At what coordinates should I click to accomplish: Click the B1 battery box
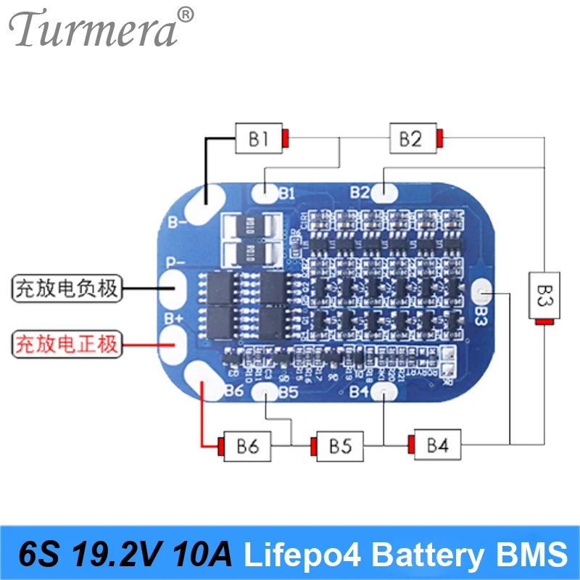(259, 138)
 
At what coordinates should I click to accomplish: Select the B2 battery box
(410, 138)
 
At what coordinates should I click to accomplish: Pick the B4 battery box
(437, 444)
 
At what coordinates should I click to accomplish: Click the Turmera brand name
(93, 30)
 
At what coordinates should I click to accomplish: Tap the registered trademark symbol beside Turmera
(186, 14)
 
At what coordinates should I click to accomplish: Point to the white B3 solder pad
(481, 292)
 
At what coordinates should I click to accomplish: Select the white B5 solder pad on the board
(266, 392)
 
